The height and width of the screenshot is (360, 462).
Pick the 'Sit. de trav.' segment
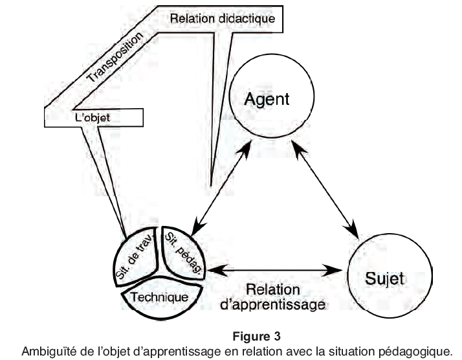136,260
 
